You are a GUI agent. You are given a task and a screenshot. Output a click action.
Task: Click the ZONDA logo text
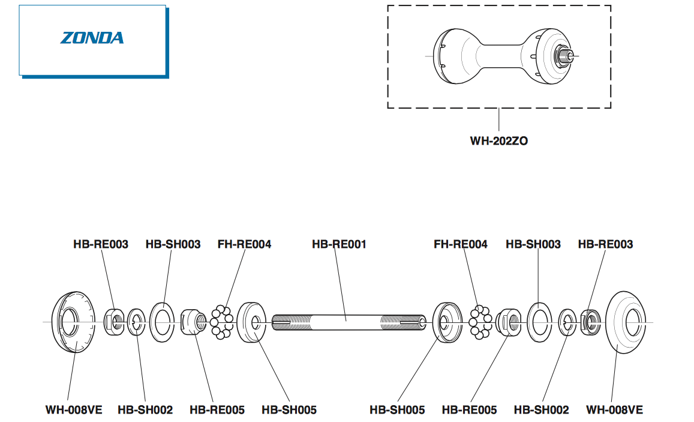click(x=92, y=38)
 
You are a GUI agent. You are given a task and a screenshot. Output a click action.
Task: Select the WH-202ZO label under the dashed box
click(x=499, y=142)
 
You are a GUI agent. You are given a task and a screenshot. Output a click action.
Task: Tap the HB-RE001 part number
click(x=339, y=244)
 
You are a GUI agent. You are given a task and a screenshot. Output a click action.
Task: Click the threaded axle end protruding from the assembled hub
click(x=567, y=56)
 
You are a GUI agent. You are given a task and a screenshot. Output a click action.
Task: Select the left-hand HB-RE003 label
click(x=101, y=244)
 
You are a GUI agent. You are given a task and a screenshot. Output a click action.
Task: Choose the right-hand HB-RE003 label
click(x=605, y=244)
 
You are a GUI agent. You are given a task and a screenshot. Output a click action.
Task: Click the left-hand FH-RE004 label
click(x=244, y=244)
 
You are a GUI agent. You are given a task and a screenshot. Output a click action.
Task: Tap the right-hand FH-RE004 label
click(x=461, y=244)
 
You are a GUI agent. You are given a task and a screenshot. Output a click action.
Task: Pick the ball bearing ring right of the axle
click(x=480, y=322)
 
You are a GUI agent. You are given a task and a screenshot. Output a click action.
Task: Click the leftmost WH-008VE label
click(x=74, y=410)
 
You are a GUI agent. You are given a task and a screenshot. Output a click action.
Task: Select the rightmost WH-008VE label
click(x=614, y=410)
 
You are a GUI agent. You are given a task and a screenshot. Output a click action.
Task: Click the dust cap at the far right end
click(x=627, y=322)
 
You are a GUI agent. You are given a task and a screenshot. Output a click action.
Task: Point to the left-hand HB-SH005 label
click(x=289, y=410)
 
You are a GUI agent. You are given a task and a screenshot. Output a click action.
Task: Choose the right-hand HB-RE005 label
click(x=469, y=410)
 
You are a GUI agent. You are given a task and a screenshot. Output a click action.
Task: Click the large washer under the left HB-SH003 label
click(x=161, y=322)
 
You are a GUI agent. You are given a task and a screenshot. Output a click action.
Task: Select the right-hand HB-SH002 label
click(x=541, y=410)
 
